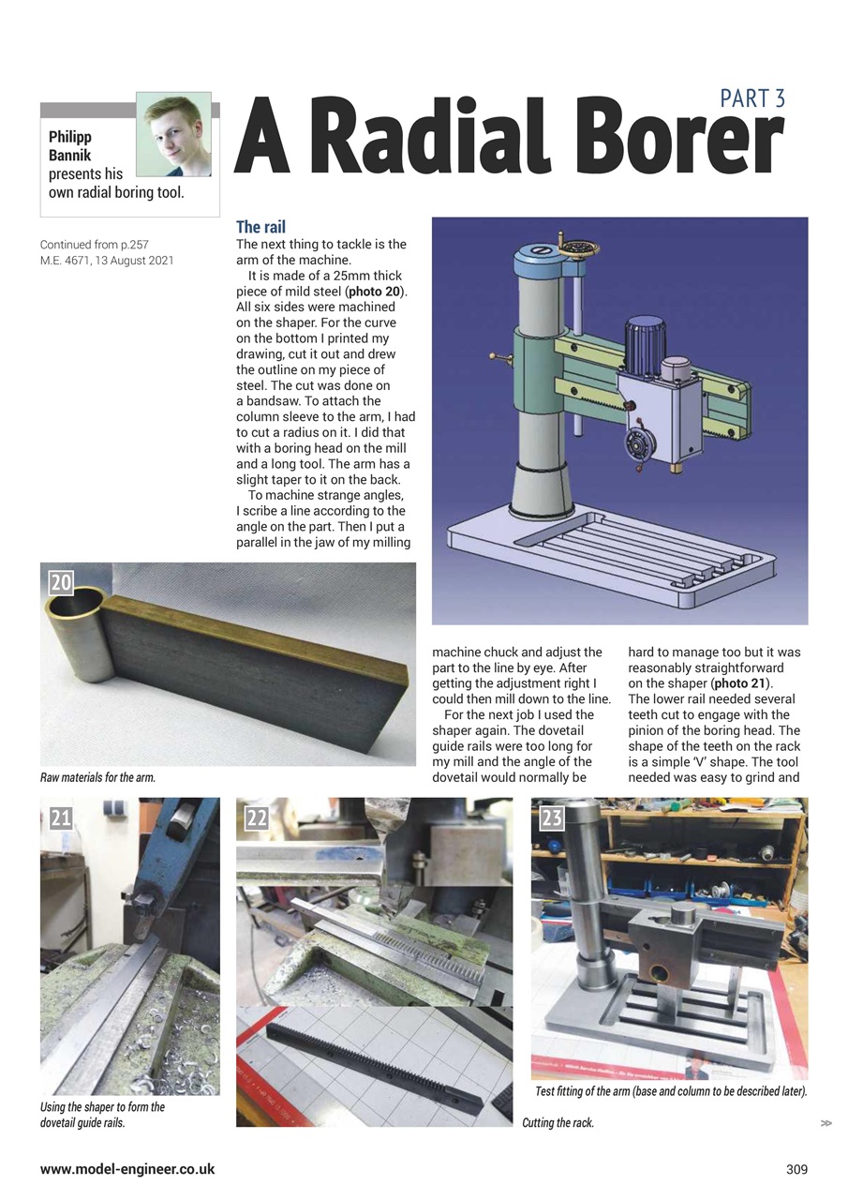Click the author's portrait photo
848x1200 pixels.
[x=173, y=134]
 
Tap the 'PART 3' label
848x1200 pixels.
[x=752, y=97]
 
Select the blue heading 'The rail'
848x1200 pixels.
[x=260, y=227]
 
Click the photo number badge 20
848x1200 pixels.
[x=61, y=582]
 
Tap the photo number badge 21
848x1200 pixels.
[x=61, y=817]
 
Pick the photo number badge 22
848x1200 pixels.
[x=257, y=817]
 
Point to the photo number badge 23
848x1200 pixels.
[x=552, y=817]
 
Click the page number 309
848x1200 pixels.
[x=796, y=1169]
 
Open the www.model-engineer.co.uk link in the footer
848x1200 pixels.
[x=127, y=1169]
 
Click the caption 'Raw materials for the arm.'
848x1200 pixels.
[x=97, y=777]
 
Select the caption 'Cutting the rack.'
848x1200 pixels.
[x=558, y=1122]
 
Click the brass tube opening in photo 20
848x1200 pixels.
[x=73, y=602]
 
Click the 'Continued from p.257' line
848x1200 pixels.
[x=94, y=245]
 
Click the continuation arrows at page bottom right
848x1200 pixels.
[x=826, y=1122]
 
